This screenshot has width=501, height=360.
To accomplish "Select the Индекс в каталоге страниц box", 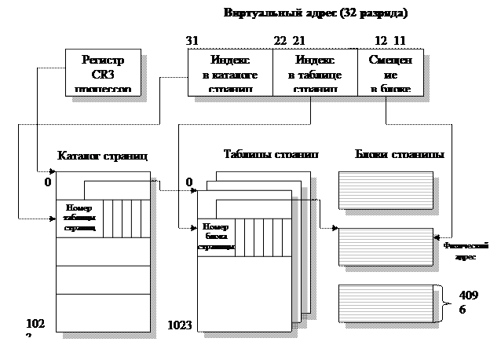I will coord(230,73).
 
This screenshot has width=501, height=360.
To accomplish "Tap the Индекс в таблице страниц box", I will coord(314,73).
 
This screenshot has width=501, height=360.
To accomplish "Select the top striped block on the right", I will coord(386,191).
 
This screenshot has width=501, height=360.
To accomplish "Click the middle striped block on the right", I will coord(386,248).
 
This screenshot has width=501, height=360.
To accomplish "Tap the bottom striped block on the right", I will coord(386,303).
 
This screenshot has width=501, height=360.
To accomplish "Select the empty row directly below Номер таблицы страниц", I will coord(104,251).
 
